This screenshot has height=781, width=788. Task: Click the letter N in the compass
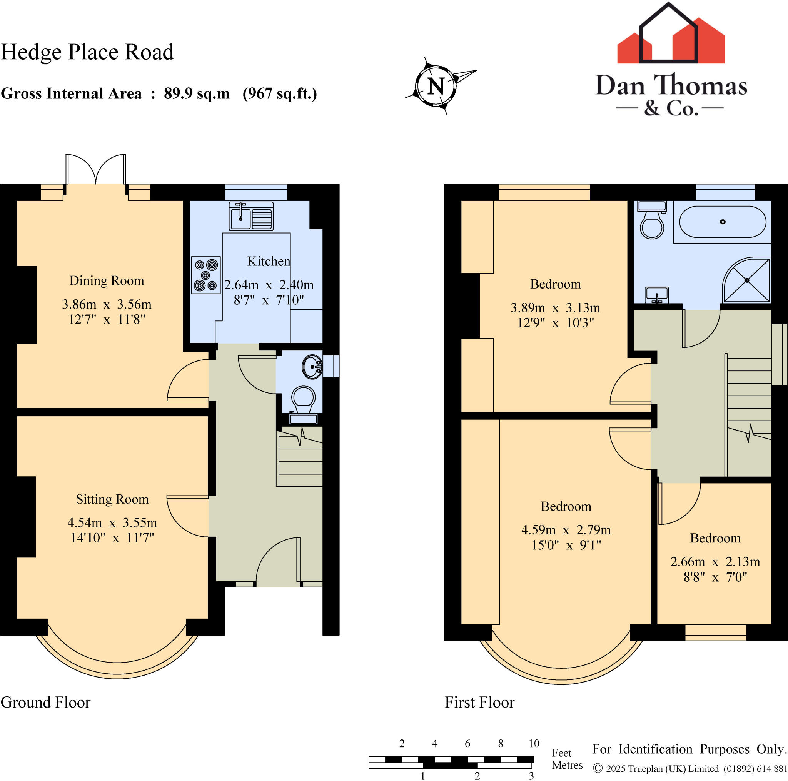[x=436, y=87]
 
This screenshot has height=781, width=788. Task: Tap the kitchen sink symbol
[x=251, y=216]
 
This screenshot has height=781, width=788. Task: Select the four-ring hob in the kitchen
[x=206, y=275]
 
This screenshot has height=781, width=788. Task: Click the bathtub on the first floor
[x=722, y=222]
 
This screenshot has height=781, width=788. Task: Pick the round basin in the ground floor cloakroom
[x=312, y=367]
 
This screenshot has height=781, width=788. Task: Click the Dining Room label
[x=107, y=280]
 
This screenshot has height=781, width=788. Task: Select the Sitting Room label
[x=112, y=499]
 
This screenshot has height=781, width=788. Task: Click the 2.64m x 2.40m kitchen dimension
[x=269, y=285]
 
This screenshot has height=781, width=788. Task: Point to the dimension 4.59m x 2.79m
[x=566, y=530]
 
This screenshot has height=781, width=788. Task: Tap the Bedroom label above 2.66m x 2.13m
[x=715, y=538]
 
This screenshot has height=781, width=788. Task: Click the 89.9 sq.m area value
[x=197, y=93]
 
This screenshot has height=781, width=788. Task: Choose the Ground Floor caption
[x=46, y=702]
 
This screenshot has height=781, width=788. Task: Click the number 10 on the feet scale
[x=534, y=743]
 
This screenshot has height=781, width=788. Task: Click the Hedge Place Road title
[x=87, y=52]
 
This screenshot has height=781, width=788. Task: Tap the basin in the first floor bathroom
[x=657, y=294]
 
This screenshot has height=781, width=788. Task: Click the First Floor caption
[x=479, y=702]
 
